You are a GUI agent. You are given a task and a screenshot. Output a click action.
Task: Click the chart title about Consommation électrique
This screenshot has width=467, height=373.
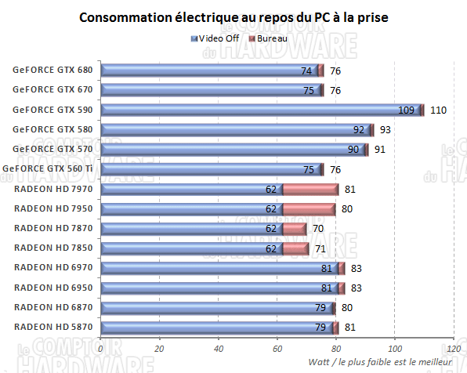point(233,16)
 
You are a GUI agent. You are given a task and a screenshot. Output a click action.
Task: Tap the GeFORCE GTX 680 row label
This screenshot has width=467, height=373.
point(52,70)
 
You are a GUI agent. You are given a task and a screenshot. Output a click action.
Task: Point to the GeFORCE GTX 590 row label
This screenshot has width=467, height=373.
point(52,110)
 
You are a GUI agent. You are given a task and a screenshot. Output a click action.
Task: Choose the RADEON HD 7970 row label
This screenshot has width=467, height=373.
point(52,189)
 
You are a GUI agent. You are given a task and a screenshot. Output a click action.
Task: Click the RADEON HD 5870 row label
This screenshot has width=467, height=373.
point(52,327)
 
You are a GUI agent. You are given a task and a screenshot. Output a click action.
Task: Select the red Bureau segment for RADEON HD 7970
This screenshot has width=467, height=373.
point(310,189)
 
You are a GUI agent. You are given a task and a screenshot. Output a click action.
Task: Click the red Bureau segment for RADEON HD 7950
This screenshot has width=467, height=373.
point(309,208)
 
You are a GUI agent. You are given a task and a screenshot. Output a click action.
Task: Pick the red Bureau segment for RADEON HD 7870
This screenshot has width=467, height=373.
point(294,228)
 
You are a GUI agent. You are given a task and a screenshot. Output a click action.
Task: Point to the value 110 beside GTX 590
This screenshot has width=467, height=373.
point(438,110)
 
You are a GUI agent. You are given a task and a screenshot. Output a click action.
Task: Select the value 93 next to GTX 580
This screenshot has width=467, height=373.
point(386,130)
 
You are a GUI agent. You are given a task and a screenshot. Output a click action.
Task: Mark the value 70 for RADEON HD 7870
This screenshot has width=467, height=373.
point(317,229)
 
